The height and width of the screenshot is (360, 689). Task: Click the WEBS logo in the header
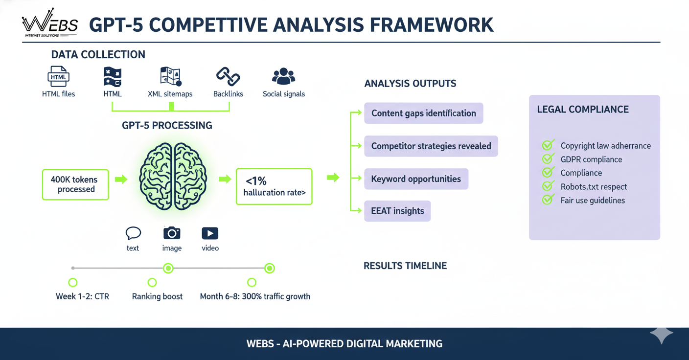pyautogui.click(x=50, y=23)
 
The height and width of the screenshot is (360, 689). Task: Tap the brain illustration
pyautogui.click(x=173, y=177)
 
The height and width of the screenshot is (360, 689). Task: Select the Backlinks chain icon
pyautogui.click(x=228, y=77)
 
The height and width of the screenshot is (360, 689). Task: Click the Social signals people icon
pyautogui.click(x=283, y=77)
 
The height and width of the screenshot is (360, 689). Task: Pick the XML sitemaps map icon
pyautogui.click(x=170, y=77)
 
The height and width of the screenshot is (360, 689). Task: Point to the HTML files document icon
pyautogui.click(x=58, y=77)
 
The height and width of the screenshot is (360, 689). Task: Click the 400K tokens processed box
pyautogui.click(x=75, y=184)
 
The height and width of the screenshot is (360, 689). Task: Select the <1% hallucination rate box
pyautogui.click(x=274, y=186)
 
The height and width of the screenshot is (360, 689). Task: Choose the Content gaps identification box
pyautogui.click(x=423, y=113)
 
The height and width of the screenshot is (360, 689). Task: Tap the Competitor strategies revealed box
pyautogui.click(x=431, y=146)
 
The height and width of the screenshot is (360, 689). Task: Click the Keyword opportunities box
pyautogui.click(x=416, y=179)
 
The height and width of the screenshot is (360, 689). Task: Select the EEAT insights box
pyautogui.click(x=397, y=211)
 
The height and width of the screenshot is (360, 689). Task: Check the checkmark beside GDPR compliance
pyautogui.click(x=548, y=159)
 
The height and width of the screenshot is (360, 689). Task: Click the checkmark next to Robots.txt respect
pyautogui.click(x=548, y=186)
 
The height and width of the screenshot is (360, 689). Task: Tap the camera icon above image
pyautogui.click(x=172, y=233)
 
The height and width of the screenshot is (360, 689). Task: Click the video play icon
pyautogui.click(x=210, y=233)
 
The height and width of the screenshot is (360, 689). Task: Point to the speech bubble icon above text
pyautogui.click(x=133, y=233)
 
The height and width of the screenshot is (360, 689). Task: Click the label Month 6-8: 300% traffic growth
pyautogui.click(x=255, y=296)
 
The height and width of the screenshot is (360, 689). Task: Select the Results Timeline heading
pyautogui.click(x=405, y=266)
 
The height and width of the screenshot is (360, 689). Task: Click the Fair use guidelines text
pyautogui.click(x=593, y=200)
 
